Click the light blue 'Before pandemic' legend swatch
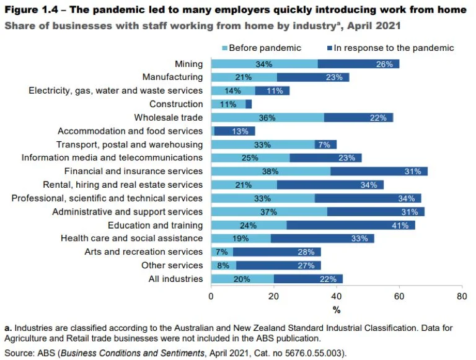225,48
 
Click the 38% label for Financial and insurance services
270,172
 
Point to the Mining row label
188,64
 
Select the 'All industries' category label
175,279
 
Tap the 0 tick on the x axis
211,296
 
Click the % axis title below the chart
337,309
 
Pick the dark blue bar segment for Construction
249,104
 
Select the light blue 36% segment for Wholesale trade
267,118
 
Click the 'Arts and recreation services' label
143,252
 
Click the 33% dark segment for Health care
322,239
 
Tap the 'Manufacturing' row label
172,77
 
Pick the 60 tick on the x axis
399,296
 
